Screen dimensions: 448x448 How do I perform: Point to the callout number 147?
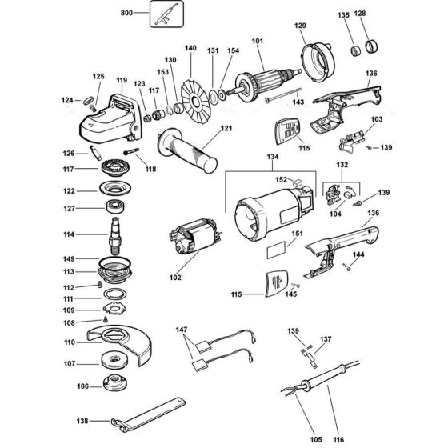pos(182,330)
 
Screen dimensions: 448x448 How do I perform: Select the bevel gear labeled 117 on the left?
pos(117,170)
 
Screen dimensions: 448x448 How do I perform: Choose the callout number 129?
pos(301,26)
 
